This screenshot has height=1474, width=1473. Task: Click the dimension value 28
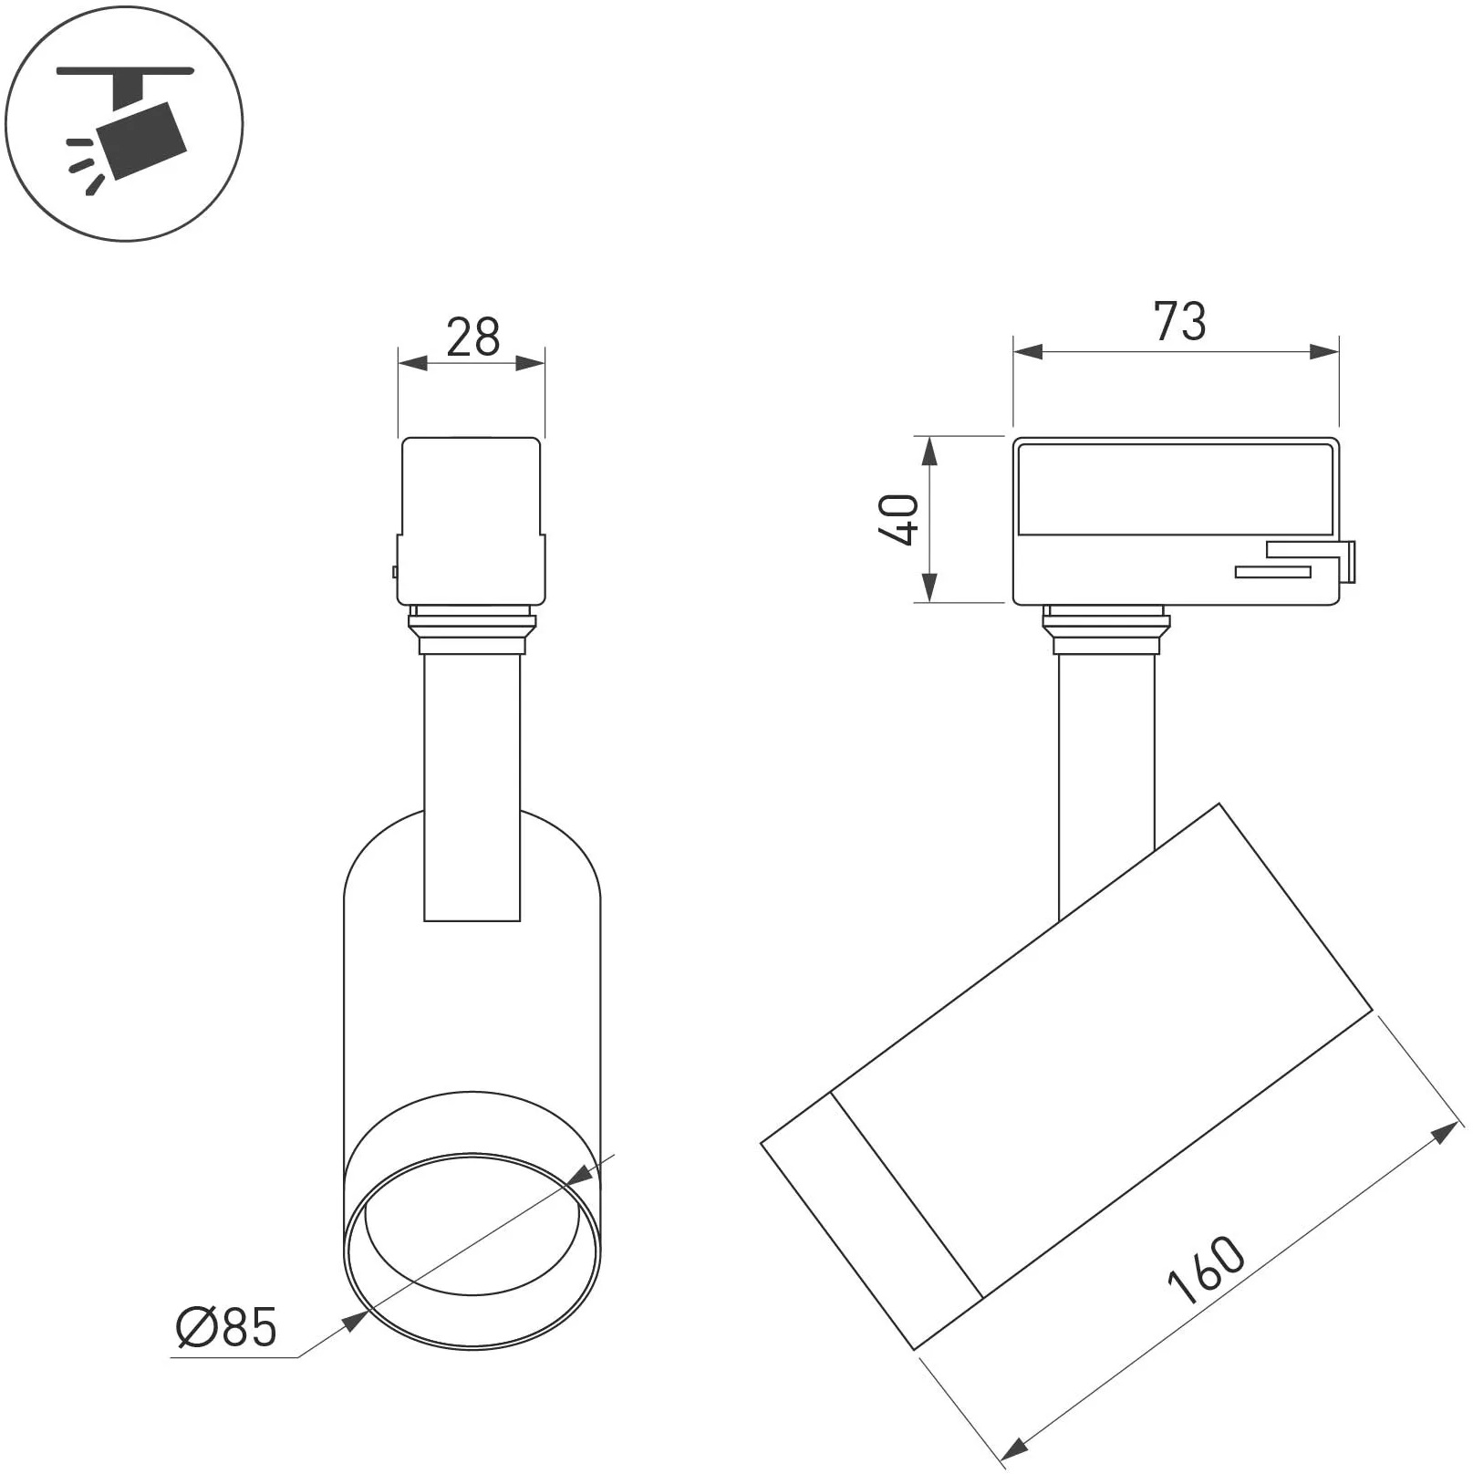pos(473,337)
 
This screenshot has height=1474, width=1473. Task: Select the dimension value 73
pos(1179,322)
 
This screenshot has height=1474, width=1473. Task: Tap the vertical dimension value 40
pos(898,520)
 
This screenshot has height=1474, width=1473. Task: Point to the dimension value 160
pos(1206,1271)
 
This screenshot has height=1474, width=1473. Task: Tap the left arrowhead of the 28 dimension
pos(413,362)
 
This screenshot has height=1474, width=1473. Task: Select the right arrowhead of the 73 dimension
pos(1324,352)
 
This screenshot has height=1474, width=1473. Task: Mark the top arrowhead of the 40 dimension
pos(928,452)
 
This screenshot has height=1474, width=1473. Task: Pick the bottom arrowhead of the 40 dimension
pos(928,587)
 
